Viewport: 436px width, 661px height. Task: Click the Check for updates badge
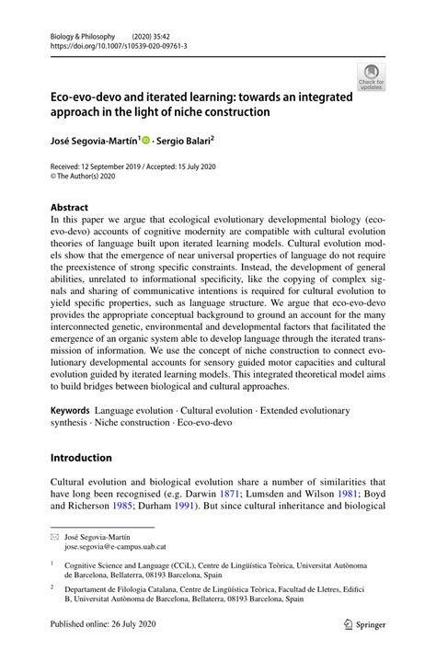(x=372, y=75)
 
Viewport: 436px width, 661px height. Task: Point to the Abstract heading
(x=71, y=208)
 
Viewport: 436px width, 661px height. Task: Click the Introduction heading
(x=81, y=457)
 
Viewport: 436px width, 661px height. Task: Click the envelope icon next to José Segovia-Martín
(x=54, y=534)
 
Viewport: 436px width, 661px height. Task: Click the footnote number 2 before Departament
(x=53, y=587)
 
